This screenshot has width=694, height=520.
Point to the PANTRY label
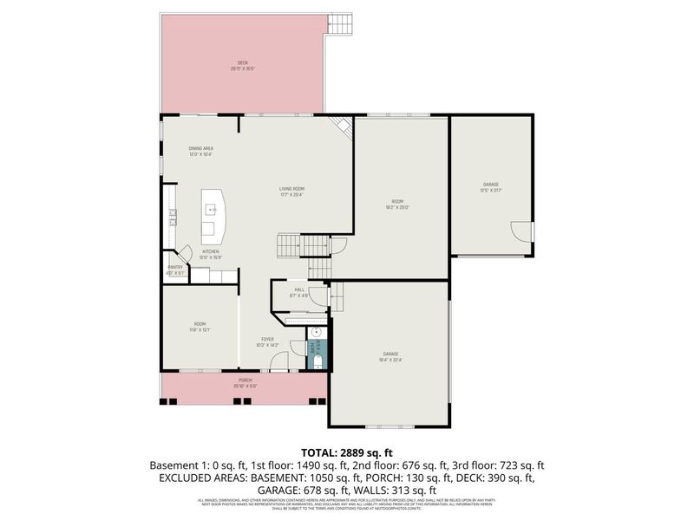click(x=175, y=270)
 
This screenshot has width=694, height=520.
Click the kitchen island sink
click(x=210, y=210)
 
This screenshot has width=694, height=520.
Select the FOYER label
click(x=268, y=341)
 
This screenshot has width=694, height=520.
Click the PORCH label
click(x=246, y=383)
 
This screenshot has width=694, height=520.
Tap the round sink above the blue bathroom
click(x=317, y=332)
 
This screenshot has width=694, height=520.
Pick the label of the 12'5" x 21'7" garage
click(x=492, y=186)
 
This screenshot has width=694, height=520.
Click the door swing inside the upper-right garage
click(x=520, y=232)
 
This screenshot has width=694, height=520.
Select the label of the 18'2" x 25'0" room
click(x=397, y=204)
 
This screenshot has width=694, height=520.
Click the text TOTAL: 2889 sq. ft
click(x=347, y=452)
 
